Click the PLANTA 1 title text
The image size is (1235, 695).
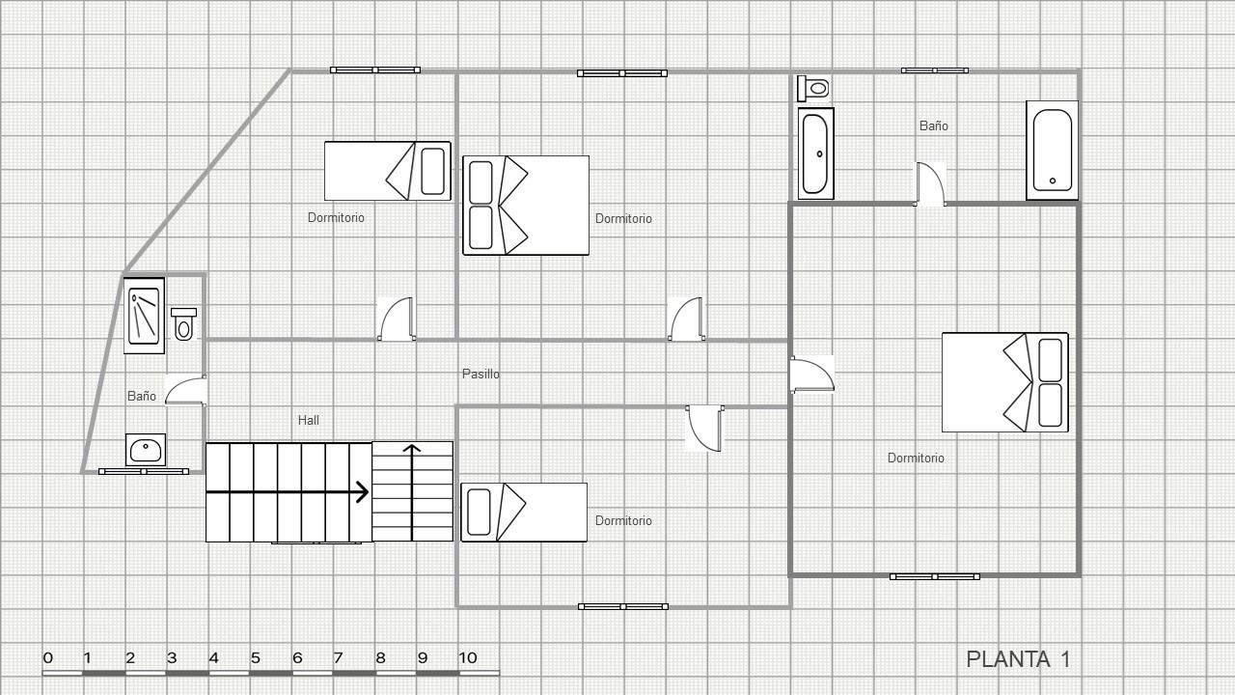1018,659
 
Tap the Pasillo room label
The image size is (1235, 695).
480,374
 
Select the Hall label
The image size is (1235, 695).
308,420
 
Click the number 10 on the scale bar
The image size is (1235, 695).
468,658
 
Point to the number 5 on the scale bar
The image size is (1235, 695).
256,658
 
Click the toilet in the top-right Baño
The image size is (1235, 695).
813,88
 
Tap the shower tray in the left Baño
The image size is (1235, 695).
144,316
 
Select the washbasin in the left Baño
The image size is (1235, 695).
146,450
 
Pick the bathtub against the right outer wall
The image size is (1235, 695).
1052,150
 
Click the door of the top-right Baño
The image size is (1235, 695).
930,184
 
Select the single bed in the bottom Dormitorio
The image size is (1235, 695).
524,513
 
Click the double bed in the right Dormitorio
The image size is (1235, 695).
1005,382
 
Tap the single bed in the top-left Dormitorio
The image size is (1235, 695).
388,171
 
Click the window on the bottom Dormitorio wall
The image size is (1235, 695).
623,607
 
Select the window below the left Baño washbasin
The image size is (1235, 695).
144,472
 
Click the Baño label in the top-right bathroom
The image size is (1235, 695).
933,125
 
